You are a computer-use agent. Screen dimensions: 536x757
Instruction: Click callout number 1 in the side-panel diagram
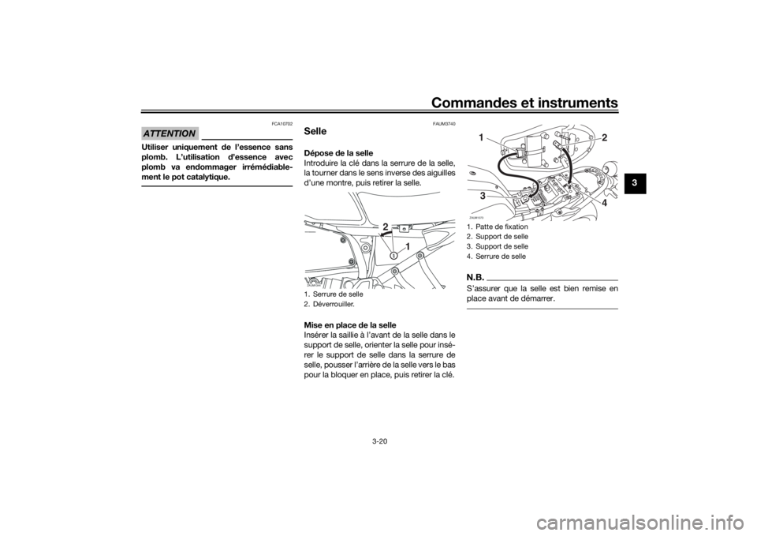408,246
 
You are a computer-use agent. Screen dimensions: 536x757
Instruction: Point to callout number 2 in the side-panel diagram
386,227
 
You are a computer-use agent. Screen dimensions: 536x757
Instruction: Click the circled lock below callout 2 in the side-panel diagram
393,255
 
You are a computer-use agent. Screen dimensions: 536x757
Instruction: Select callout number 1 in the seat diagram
480,137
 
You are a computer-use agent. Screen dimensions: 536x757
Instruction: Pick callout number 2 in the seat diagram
604,137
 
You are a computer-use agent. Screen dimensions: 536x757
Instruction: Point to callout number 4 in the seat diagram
604,203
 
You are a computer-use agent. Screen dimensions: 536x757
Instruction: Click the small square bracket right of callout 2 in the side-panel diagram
402,229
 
